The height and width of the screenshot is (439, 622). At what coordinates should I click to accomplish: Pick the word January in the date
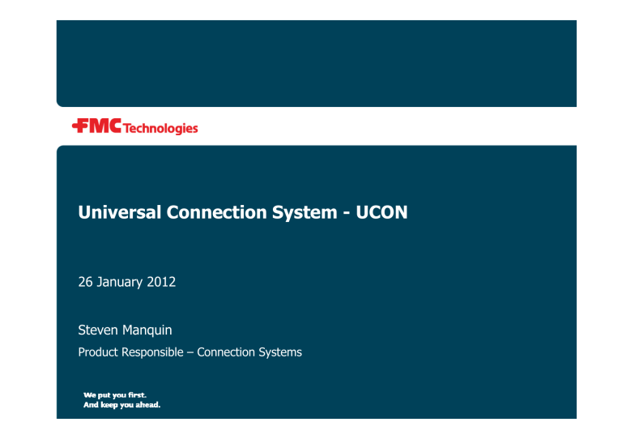125,283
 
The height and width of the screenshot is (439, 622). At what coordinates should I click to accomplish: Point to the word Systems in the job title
281,352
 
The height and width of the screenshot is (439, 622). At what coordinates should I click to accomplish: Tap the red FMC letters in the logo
103,126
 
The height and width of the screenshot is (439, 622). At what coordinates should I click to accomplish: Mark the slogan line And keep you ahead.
121,405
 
